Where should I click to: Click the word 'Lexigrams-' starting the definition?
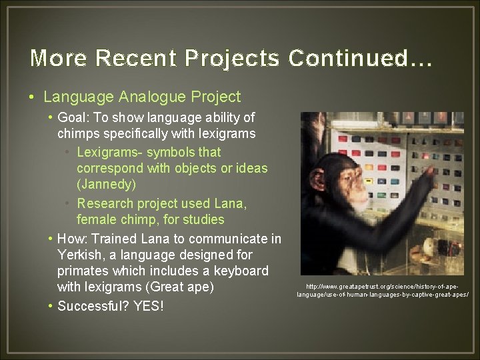[109, 152]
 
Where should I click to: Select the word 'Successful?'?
[93, 307]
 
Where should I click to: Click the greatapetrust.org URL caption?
[383, 290]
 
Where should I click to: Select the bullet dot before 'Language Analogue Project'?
[33, 97]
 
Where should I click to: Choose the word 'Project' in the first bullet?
[217, 97]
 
